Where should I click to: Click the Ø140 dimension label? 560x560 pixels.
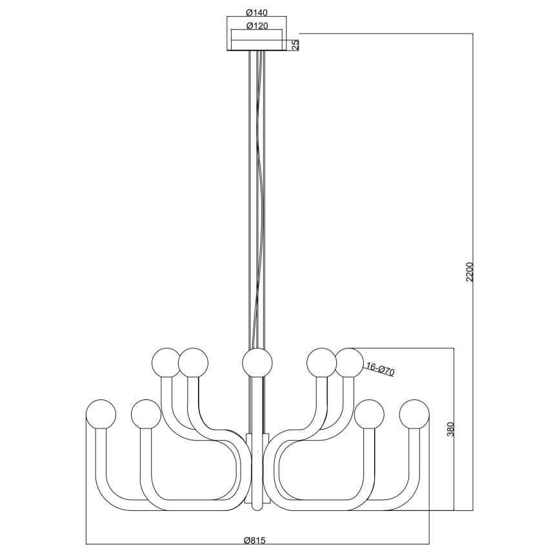257,12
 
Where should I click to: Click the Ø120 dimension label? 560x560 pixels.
257,26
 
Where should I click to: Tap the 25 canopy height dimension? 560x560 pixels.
295,45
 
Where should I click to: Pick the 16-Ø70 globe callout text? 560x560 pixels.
379,370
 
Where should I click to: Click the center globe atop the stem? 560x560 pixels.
257,362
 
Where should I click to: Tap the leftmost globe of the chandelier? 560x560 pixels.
101,414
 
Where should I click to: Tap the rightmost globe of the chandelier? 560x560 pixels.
414,414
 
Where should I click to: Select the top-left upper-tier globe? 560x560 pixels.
166,362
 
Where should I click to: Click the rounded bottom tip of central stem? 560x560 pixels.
257,506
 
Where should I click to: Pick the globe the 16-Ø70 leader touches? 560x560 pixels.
350,362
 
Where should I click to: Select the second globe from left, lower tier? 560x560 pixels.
145,414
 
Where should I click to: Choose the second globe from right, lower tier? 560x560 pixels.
369,414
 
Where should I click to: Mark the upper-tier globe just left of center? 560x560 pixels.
194,362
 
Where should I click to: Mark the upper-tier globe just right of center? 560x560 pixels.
321,362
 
